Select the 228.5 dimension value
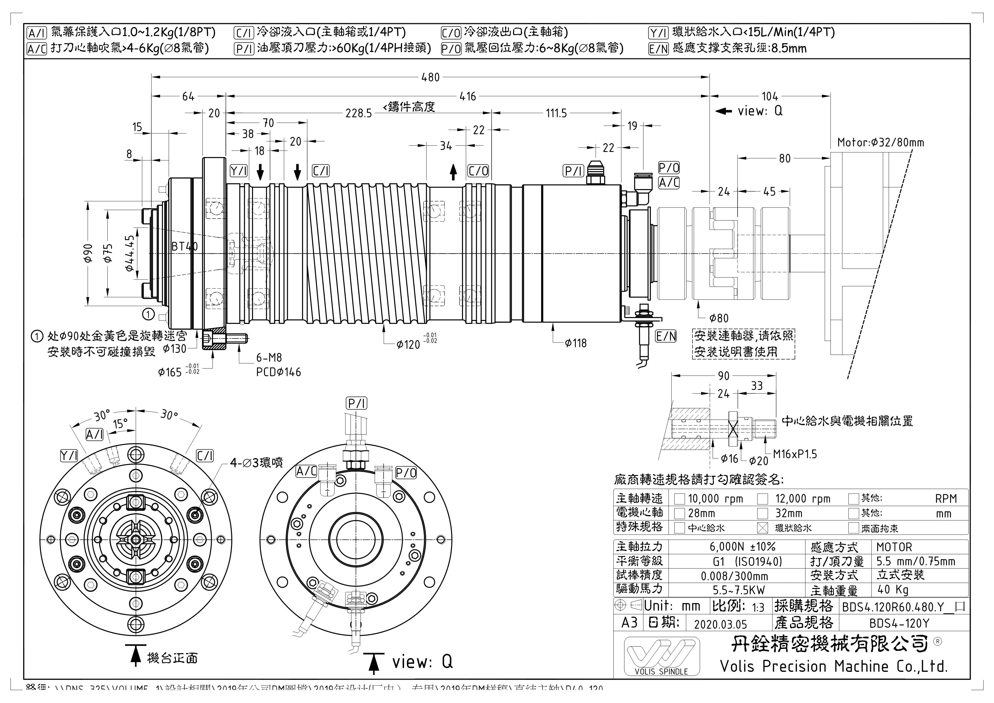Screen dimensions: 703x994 pyautogui.click(x=358, y=113)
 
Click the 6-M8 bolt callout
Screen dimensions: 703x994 pyautogui.click(x=269, y=357)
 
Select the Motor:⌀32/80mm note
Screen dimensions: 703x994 pyautogui.click(x=880, y=143)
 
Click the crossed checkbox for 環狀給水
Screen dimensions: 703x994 pyautogui.click(x=763, y=528)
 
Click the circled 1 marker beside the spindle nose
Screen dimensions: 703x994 pyautogui.click(x=148, y=314)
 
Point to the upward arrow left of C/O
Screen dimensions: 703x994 pyautogui.click(x=453, y=172)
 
